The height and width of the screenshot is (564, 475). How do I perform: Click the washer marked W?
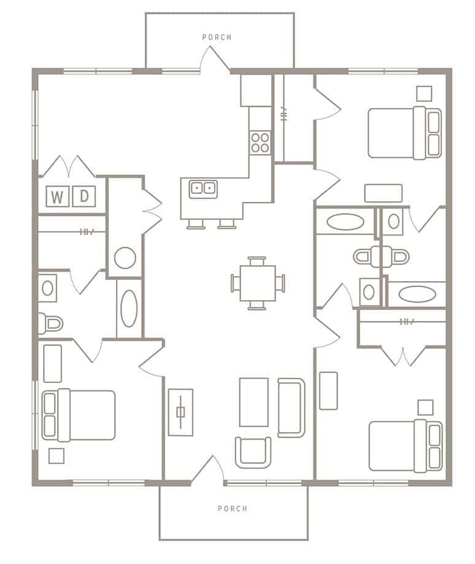coord(58,197)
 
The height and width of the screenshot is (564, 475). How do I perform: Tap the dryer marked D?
coord(84,196)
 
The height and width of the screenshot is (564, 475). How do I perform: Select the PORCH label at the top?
coord(217,37)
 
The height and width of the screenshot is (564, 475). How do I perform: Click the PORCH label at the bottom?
coord(233,508)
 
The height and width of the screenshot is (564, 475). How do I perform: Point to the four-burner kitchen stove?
coord(260,142)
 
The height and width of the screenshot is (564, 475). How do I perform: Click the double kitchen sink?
coord(203,188)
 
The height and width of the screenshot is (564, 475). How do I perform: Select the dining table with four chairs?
coord(258,283)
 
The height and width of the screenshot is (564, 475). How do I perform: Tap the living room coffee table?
coord(253,402)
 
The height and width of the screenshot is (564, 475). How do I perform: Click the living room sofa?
coord(291,408)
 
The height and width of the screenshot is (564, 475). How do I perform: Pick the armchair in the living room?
coord(253,452)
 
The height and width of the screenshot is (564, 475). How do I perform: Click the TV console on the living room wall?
coord(180,412)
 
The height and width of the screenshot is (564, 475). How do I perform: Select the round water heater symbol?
coord(125,258)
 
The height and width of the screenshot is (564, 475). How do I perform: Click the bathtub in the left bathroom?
coord(129,308)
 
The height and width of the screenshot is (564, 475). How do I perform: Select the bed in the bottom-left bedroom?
coord(79,415)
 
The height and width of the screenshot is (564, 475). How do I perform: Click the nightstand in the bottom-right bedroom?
coord(425,407)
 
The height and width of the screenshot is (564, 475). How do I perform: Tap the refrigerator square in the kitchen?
coord(256,91)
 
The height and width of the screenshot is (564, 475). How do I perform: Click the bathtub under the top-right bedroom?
coord(346,222)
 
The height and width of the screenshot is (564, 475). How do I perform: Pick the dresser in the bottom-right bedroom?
coord(328,390)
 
